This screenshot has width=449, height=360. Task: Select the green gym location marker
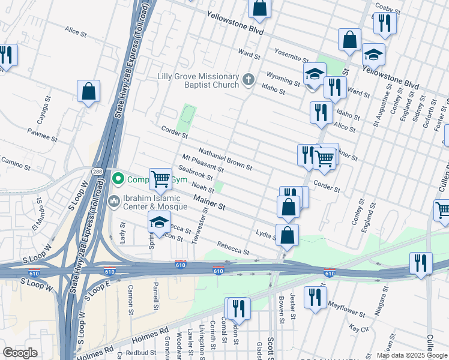(x=118, y=178)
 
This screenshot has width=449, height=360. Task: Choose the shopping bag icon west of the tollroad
(x=88, y=92)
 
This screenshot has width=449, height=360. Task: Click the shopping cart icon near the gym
(x=160, y=179)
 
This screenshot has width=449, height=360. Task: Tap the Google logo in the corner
(x=20, y=353)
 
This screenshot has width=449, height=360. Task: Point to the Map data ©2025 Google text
(x=412, y=355)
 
